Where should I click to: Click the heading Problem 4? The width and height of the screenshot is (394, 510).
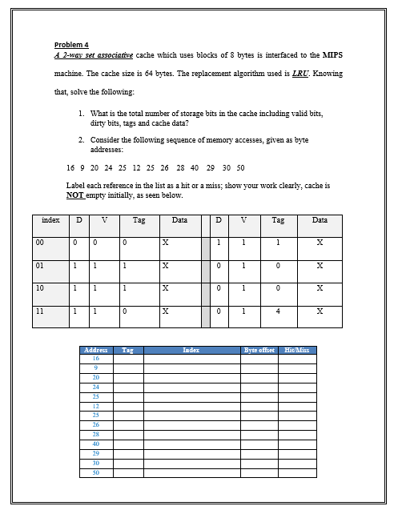(x=71, y=44)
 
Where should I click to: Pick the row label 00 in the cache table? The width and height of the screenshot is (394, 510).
(x=39, y=242)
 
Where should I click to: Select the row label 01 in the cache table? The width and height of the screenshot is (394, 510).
(x=39, y=264)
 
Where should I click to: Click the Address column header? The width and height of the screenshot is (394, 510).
(x=96, y=351)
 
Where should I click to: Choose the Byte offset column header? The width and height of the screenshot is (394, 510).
(x=259, y=351)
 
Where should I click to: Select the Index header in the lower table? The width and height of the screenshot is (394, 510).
(x=191, y=351)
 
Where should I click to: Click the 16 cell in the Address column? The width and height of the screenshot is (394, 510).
(x=96, y=359)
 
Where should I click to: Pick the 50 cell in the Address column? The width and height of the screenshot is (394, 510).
(x=96, y=473)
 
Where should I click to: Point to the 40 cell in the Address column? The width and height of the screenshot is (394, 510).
(x=96, y=444)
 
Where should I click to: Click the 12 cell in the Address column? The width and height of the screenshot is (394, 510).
(x=96, y=406)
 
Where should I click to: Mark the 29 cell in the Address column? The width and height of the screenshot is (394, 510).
(x=96, y=453)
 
